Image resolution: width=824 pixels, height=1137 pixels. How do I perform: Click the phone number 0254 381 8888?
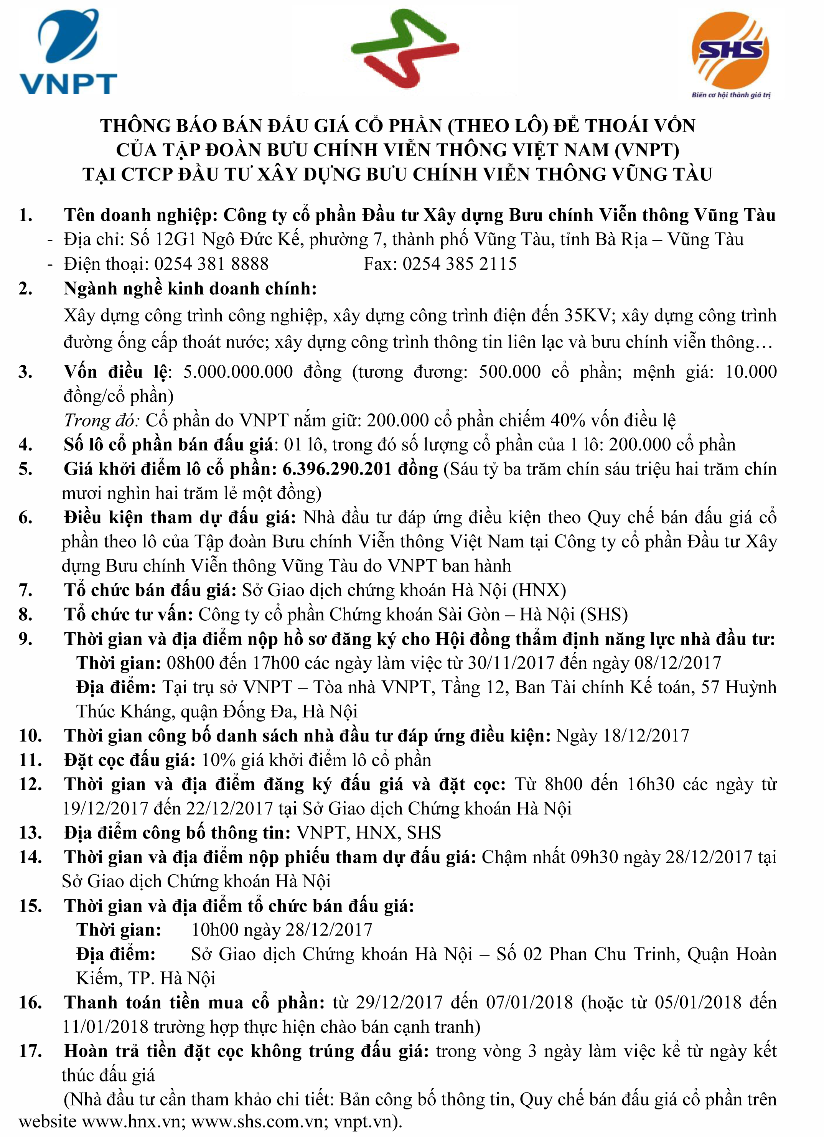point(211,264)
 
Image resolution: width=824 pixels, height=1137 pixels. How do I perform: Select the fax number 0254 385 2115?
point(460,264)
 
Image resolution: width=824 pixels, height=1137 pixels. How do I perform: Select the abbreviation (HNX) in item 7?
point(539,590)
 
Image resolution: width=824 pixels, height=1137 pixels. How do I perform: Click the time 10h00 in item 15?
point(215,929)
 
